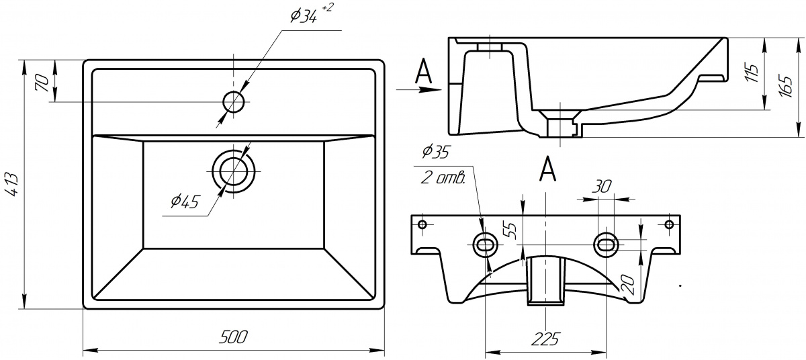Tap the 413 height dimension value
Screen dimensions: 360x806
(13, 183)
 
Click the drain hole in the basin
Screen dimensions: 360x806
(233, 169)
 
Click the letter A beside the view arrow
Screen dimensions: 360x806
(422, 72)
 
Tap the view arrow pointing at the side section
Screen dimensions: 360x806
(416, 89)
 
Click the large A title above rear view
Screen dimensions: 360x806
(547, 169)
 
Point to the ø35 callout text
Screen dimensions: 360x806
(435, 152)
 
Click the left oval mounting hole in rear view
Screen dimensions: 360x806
(485, 244)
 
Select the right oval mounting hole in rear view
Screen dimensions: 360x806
(607, 244)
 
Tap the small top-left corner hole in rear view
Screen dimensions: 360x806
(422, 224)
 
